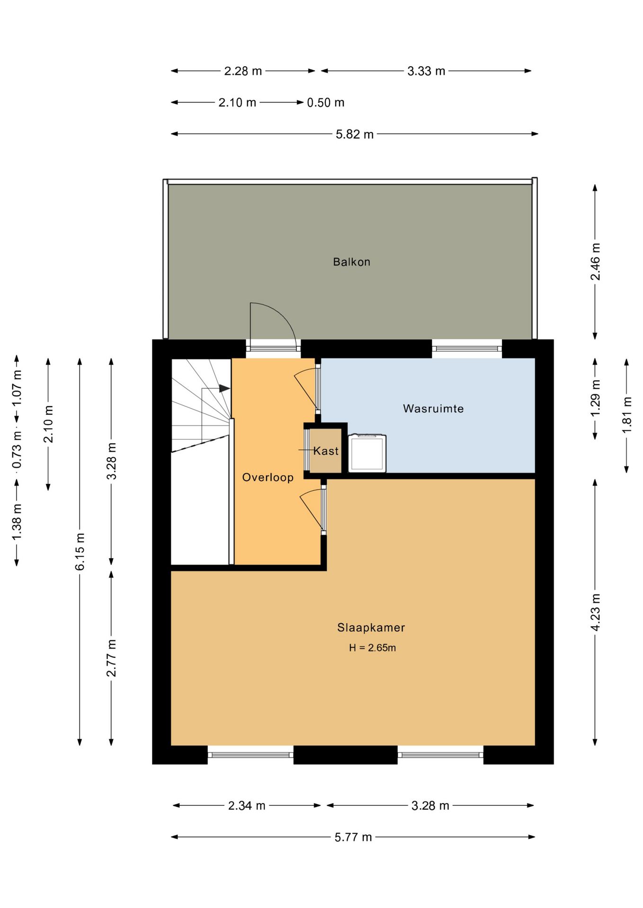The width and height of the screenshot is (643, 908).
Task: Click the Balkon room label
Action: pos(351,262)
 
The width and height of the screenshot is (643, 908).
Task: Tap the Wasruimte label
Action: pos(433,409)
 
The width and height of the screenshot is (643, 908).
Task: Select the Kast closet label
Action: pos(326,451)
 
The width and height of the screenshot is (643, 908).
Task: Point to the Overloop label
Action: pos(268,478)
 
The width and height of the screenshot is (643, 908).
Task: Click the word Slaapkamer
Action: pos(371,628)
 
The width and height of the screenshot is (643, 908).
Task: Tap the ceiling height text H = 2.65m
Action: pos(372,648)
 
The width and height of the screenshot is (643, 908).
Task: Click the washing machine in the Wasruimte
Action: pos(367,454)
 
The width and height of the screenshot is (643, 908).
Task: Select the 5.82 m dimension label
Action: pos(355,134)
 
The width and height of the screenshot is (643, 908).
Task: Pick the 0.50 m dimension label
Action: pos(326,103)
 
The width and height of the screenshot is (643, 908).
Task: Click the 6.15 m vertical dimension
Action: pos(80,551)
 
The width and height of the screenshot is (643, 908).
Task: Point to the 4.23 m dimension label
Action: pos(595,612)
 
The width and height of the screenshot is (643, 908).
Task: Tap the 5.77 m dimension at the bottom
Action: pos(353,837)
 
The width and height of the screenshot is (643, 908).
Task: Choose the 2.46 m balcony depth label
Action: pos(595,262)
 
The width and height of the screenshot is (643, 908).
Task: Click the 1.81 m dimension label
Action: pos(626,415)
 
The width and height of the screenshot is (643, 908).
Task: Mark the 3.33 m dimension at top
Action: pos(426,71)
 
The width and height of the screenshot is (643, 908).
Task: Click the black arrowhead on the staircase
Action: pos(224,388)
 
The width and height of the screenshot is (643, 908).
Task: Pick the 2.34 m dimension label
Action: pos(247,805)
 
